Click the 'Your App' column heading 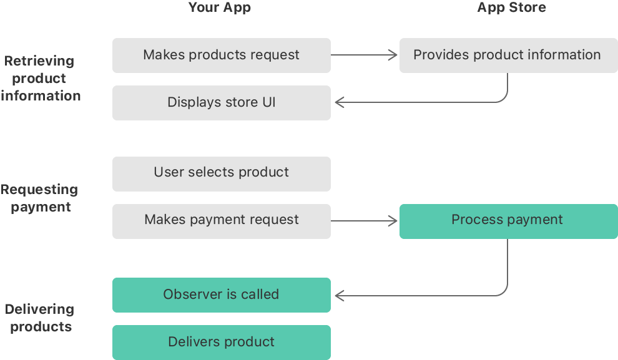coord(220,8)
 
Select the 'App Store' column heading coord(511,8)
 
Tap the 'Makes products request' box coord(221,55)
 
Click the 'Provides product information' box coord(508,55)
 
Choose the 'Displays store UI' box coord(221,102)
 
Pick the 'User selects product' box coord(221,173)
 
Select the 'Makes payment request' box coord(221,220)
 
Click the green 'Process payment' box coord(508,220)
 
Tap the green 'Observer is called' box coord(221,294)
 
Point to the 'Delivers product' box coord(221,342)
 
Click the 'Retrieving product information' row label coord(40,79)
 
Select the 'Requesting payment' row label coord(40,198)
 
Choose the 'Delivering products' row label coord(40,318)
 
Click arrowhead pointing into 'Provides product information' coord(393,55)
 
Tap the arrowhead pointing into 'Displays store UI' coord(339,102)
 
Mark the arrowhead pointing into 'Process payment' coord(393,220)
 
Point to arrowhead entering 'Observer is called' coord(339,294)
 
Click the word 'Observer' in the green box coord(190,294)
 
